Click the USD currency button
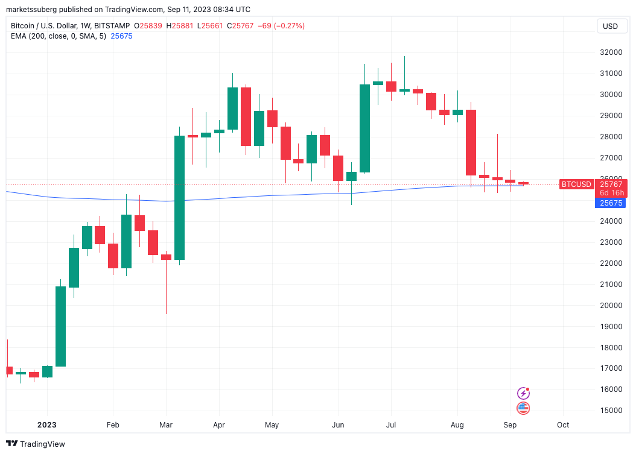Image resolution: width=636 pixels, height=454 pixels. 611,27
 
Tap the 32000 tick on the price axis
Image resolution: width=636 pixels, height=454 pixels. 606,52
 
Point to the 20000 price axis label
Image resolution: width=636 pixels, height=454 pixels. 606,306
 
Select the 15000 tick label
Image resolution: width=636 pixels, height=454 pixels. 606,411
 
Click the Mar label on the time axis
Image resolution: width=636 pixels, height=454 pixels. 167,425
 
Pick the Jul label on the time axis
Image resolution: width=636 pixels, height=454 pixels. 391,425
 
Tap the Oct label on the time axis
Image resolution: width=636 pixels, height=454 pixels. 563,425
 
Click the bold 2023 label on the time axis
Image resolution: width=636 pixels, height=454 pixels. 46,425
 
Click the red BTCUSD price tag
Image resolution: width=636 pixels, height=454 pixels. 576,184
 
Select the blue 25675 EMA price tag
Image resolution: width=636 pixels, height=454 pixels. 611,203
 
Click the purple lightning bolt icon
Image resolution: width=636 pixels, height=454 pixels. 524,393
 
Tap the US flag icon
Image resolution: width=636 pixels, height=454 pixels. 524,408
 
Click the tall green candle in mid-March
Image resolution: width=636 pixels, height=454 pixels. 180,198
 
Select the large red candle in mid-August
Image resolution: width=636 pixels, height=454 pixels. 471,142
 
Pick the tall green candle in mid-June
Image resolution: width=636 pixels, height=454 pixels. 364,128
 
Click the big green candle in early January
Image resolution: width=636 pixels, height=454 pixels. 60,326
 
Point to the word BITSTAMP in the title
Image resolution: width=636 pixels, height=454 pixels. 112,26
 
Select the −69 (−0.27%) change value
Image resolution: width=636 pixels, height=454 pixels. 281,26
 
